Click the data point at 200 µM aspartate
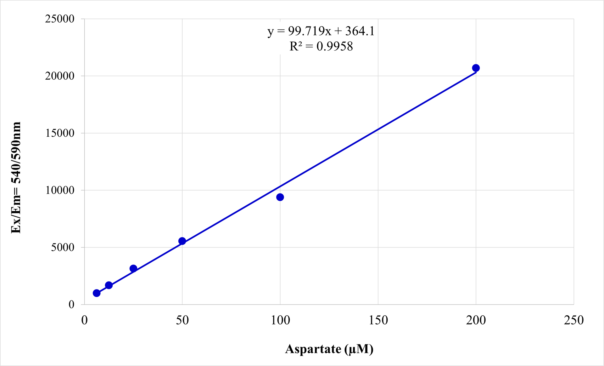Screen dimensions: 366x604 476,68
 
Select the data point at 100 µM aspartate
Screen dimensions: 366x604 280,197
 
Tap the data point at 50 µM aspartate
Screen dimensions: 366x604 182,241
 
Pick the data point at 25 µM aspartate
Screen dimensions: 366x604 133,268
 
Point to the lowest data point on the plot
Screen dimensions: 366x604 97,293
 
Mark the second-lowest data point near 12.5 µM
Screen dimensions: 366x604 109,285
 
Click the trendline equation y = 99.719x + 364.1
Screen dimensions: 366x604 321,31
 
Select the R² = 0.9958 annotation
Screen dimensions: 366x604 321,46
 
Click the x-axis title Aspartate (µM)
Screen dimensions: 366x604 329,349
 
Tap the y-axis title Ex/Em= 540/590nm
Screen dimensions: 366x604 16,178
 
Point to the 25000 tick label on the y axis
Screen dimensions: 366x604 60,19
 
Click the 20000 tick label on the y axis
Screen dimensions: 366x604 60,76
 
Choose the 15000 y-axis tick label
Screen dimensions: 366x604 60,133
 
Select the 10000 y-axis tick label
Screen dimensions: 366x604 60,190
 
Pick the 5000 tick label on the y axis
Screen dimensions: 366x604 63,247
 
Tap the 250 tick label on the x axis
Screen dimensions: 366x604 574,320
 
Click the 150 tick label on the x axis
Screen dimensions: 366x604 378,320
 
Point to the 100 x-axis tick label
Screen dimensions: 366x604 280,320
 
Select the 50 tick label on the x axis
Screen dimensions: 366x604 182,320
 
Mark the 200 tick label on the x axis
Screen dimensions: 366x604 476,320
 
